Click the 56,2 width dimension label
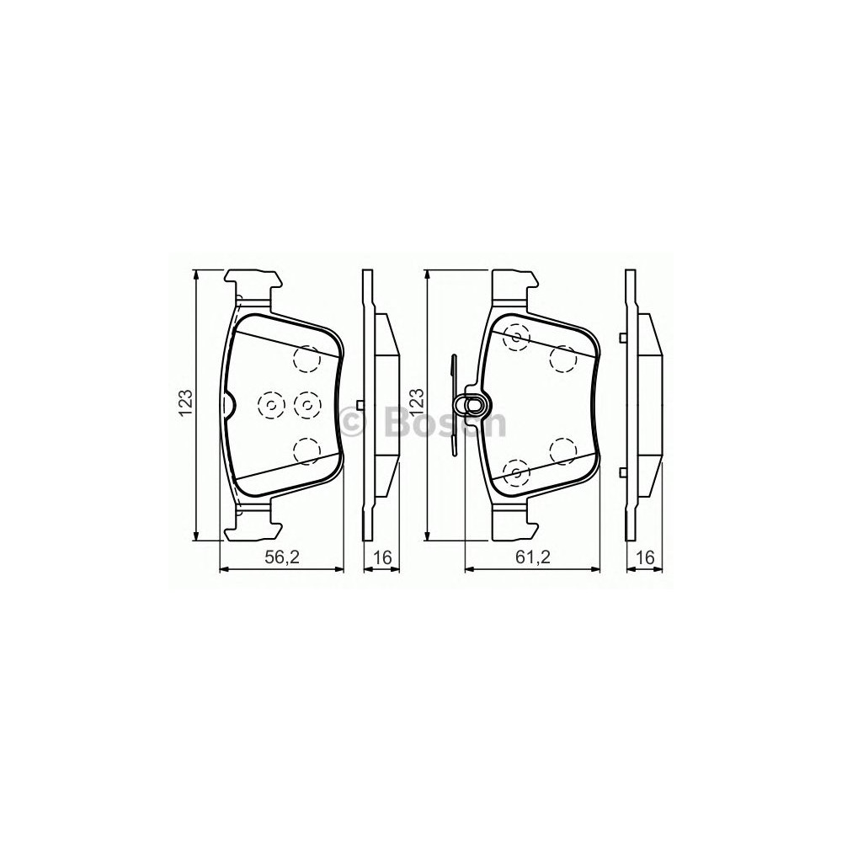281,558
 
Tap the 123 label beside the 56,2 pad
186,402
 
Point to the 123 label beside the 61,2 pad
418,402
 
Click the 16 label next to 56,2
382,558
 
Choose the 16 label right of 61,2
646,558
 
